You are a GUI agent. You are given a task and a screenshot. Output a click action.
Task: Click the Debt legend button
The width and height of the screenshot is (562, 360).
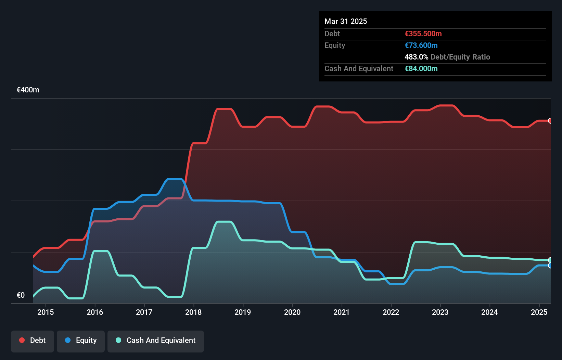click(33, 340)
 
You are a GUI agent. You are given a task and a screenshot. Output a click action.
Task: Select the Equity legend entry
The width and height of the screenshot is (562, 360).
click(81, 340)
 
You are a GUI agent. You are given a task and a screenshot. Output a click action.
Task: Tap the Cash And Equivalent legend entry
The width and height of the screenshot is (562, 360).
click(156, 340)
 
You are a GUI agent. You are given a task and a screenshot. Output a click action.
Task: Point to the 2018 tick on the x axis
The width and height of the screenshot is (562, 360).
click(193, 312)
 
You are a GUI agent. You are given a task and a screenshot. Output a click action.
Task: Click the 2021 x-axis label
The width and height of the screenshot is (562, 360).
click(342, 312)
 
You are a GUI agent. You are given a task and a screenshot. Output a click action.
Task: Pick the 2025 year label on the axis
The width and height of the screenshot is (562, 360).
click(539, 312)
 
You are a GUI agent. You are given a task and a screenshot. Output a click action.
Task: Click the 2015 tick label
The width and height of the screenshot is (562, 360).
click(46, 312)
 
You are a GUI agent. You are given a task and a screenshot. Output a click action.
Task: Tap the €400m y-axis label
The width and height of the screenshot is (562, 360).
click(28, 90)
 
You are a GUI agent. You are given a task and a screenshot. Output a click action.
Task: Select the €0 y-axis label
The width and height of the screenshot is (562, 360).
click(21, 295)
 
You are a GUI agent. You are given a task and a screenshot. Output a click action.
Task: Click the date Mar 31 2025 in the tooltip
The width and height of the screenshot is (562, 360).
click(346, 21)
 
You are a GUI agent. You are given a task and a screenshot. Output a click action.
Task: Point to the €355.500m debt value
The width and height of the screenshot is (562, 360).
click(423, 34)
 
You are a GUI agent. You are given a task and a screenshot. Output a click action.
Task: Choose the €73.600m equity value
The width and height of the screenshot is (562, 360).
click(421, 46)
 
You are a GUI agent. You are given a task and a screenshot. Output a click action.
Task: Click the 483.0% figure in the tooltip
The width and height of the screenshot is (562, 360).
click(416, 57)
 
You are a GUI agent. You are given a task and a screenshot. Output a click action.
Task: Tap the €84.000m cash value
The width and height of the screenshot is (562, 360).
click(421, 69)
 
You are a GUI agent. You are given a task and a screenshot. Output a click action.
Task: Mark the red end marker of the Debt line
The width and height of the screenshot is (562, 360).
click(550, 120)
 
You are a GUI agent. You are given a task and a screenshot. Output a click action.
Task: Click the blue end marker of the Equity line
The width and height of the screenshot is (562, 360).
click(550, 266)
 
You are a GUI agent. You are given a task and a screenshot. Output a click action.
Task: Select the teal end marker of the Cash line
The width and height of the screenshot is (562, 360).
click(550, 260)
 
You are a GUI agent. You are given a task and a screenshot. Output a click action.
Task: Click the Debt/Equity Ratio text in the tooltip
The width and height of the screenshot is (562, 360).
click(460, 57)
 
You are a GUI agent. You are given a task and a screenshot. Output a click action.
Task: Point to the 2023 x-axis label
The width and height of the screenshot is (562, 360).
click(440, 312)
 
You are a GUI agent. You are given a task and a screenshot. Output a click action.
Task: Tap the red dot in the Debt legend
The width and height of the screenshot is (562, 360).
click(22, 340)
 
